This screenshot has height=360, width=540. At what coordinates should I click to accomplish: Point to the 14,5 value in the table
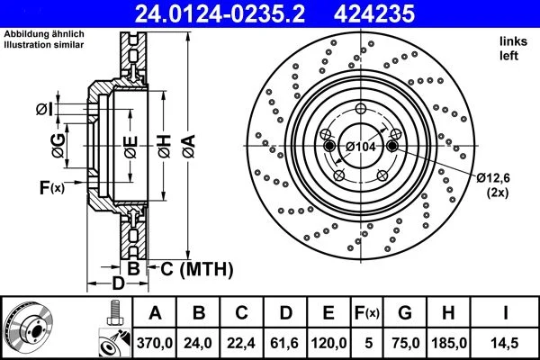(x=505, y=342)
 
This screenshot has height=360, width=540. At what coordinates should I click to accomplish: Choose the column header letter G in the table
(x=405, y=313)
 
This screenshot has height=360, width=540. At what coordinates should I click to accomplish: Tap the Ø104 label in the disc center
(x=361, y=146)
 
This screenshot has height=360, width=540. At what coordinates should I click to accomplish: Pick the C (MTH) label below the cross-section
(x=196, y=268)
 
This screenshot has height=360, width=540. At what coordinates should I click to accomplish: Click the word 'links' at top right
(x=512, y=41)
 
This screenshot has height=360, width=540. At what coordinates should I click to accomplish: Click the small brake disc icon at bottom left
(x=31, y=328)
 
